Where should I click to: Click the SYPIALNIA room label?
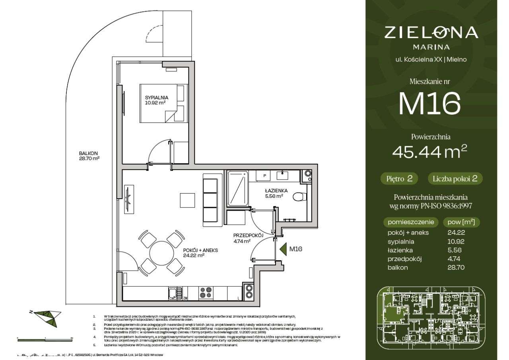(156, 100)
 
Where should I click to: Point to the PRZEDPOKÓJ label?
(248, 238)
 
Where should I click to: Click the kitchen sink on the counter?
(173, 294)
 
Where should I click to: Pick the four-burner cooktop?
(206, 293)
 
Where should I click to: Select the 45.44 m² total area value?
(429, 151)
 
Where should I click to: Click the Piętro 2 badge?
(399, 179)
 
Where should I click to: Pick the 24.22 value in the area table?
(456, 232)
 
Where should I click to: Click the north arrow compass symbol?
(45, 315)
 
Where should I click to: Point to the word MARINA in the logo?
(431, 46)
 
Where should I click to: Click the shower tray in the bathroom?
(237, 189)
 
